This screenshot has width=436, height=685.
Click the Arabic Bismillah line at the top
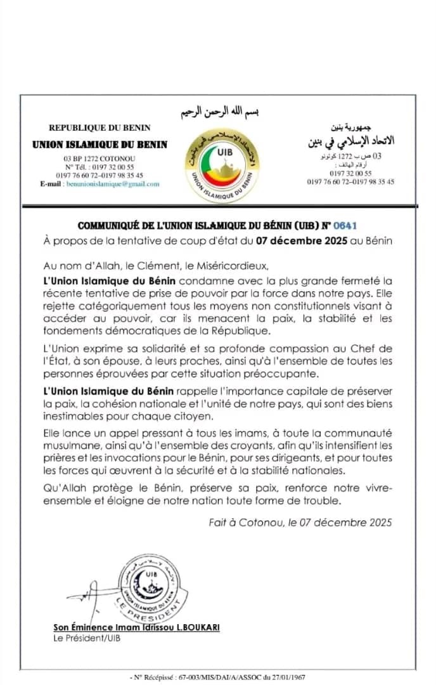pyautogui.click(x=217, y=113)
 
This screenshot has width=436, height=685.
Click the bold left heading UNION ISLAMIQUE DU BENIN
pyautogui.click(x=99, y=144)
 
